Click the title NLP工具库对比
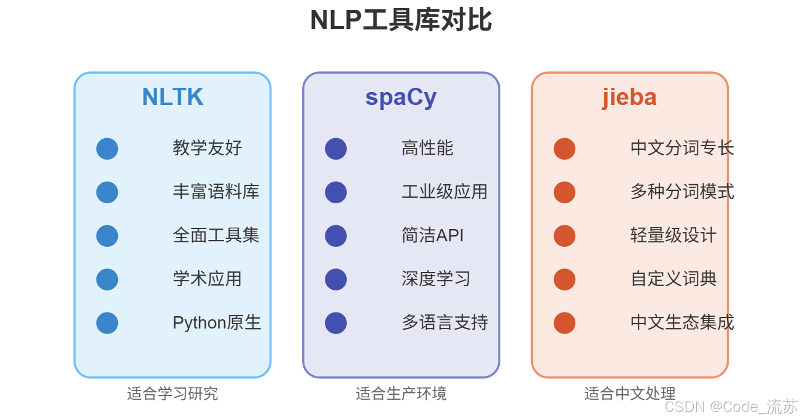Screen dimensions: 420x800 click(x=400, y=20)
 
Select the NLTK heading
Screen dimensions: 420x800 click(x=173, y=97)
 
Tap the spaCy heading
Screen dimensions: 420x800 click(x=401, y=97)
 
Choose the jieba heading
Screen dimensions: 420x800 click(x=629, y=97)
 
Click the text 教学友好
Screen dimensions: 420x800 click(x=208, y=148)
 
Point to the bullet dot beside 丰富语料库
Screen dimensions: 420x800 click(x=107, y=192)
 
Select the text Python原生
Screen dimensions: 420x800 click(x=217, y=322)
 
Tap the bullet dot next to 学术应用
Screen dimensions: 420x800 click(x=107, y=279)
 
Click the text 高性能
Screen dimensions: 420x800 click(x=427, y=148)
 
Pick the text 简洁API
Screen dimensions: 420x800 click(x=433, y=235)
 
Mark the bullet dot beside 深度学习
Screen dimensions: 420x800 click(x=336, y=279)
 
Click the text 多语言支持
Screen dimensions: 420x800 click(x=445, y=322)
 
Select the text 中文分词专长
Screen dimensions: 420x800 click(x=682, y=148)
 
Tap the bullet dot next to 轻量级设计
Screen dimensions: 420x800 click(x=564, y=236)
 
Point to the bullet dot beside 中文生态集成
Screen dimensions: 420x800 click(x=564, y=323)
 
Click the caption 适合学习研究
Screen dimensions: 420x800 click(x=173, y=394)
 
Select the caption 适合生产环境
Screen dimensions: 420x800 click(x=401, y=394)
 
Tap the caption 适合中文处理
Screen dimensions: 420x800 click(x=629, y=394)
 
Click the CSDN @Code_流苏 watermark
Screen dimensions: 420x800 click(x=731, y=406)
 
